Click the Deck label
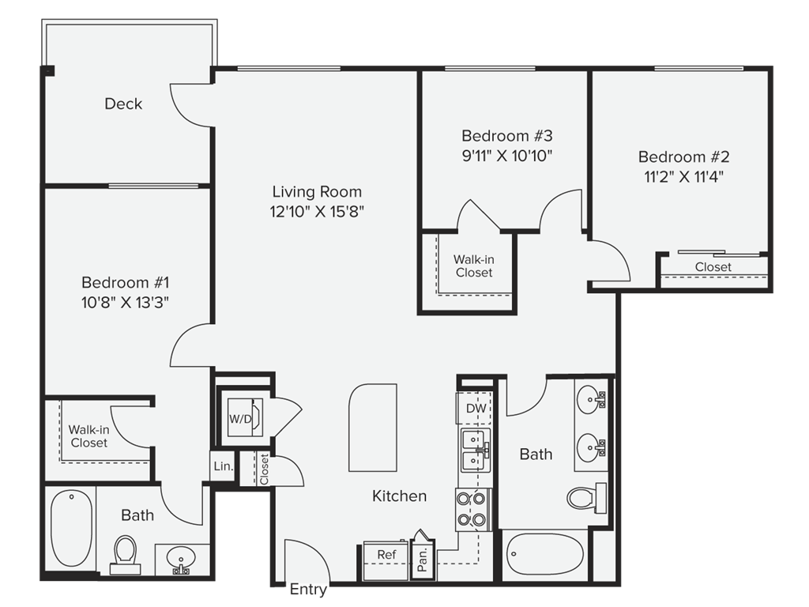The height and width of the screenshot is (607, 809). [123, 104]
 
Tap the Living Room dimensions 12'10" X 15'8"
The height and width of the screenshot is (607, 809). [317, 212]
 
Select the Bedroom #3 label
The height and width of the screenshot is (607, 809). [506, 136]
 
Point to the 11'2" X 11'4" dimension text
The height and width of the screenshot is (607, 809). [683, 177]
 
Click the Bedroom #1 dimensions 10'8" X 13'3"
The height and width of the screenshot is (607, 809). [126, 303]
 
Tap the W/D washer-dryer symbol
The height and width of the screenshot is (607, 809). [245, 417]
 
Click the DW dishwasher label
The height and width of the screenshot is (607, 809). [476, 409]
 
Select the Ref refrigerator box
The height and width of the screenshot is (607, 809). [386, 560]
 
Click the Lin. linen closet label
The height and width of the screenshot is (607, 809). [224, 466]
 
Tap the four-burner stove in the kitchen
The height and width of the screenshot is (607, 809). [472, 509]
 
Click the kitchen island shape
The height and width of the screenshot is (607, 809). [373, 428]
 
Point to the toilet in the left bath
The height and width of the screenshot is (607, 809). [125, 555]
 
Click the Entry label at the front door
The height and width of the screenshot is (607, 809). [308, 590]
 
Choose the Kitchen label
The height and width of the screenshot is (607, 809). [399, 496]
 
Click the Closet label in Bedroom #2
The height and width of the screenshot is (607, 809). [713, 267]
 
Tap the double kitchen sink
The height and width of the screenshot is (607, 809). [476, 450]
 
